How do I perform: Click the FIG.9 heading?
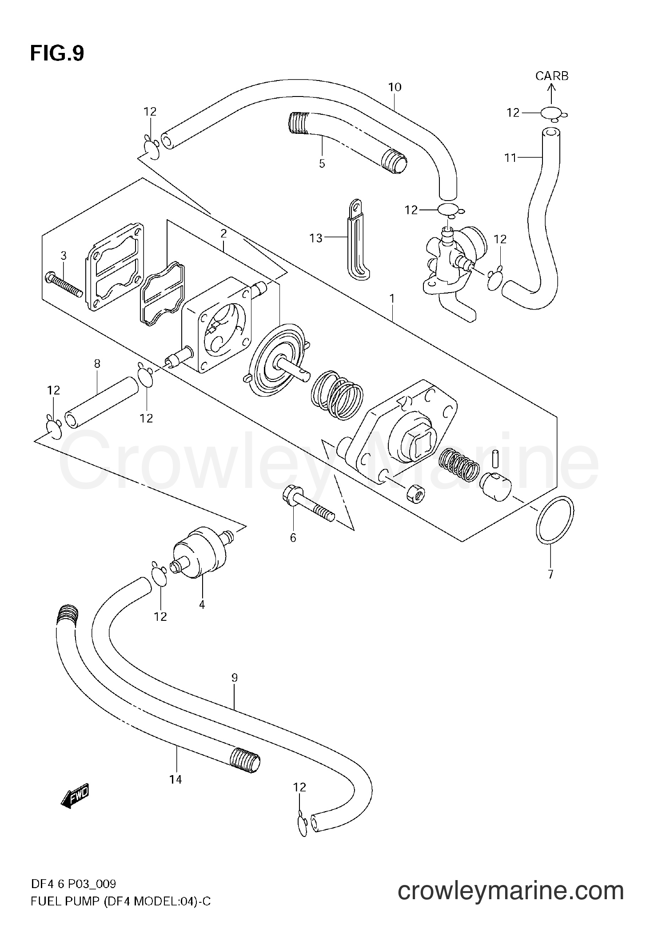coord(57,54)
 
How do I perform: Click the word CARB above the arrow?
coord(551,76)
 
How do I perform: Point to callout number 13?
coord(316,239)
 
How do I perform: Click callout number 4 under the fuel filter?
coord(202,605)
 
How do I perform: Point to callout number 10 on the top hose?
coord(395,87)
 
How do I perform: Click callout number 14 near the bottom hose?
coord(175,780)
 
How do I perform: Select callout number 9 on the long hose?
coord(234,678)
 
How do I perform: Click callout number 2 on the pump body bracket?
coord(223,233)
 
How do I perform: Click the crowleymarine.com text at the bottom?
coord(510,902)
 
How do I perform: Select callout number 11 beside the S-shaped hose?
coord(510,157)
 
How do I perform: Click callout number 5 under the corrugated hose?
coord(322,164)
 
